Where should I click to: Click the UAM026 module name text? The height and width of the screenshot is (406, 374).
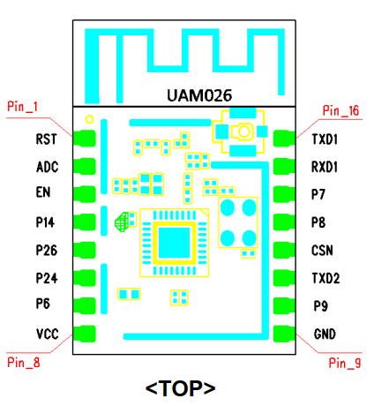point(199,95)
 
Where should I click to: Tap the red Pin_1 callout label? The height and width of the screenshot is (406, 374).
point(23,107)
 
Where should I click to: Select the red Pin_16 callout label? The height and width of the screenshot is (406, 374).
point(340,110)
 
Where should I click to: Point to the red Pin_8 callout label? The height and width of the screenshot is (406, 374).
point(24,363)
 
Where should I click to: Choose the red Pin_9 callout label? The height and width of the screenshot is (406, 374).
point(345,363)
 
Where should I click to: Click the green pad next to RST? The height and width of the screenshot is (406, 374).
point(85,139)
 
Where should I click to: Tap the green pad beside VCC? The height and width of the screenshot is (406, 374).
point(85,334)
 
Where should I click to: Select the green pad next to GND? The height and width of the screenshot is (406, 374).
point(284,334)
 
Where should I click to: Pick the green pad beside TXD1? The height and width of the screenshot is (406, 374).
point(284,139)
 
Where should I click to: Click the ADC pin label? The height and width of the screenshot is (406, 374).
point(48,167)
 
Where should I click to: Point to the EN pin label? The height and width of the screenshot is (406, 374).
point(43,192)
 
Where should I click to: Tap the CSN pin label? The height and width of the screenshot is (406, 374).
point(322,251)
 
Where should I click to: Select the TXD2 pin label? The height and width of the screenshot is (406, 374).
point(325,278)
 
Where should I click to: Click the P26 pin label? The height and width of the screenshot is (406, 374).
point(47,251)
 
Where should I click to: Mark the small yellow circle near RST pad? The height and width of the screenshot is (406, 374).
point(89,119)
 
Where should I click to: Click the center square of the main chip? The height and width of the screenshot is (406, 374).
point(174,243)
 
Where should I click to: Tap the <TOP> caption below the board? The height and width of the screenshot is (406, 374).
point(180,388)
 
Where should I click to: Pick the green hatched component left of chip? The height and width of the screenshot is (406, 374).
point(122,222)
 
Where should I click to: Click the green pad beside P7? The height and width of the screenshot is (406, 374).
point(284,194)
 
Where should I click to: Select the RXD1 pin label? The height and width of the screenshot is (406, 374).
point(325,167)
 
